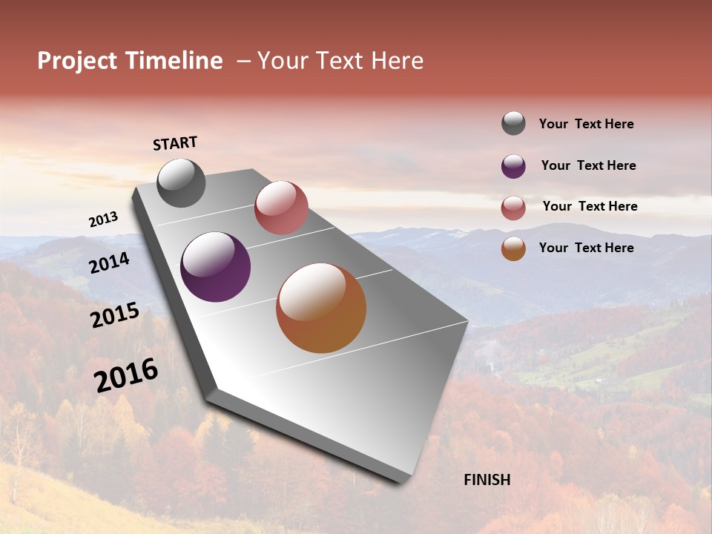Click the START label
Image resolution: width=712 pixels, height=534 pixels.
[x=175, y=143]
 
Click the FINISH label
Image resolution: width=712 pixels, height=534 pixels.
[x=487, y=480]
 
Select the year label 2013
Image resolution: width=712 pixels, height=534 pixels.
[x=103, y=220]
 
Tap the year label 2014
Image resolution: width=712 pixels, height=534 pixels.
[x=109, y=263]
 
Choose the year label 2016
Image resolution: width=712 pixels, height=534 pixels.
[x=125, y=375]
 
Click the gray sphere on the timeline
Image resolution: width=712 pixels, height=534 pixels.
[x=181, y=182]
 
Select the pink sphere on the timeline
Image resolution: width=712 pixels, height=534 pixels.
[x=281, y=208]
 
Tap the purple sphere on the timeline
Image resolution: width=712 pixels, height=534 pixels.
[x=215, y=267]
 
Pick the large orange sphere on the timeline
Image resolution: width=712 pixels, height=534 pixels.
[x=321, y=308]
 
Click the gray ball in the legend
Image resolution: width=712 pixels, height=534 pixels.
[x=513, y=123]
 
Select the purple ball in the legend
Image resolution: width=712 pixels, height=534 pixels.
[x=513, y=166]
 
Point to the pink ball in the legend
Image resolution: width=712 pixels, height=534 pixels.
[x=513, y=208]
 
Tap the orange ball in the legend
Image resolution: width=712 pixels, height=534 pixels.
[x=513, y=248]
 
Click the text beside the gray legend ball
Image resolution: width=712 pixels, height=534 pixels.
[x=586, y=124]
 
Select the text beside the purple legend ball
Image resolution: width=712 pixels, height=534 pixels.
[x=588, y=165]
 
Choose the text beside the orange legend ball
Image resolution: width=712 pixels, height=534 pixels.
[x=586, y=248]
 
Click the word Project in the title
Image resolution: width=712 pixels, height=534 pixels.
[x=78, y=61]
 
